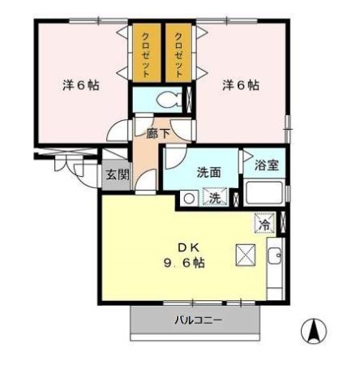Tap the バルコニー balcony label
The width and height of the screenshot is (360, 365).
[198, 320]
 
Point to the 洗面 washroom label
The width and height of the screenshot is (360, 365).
[209, 172]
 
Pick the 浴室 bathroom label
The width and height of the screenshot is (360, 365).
[266, 165]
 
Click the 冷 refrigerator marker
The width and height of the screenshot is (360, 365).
[265, 221]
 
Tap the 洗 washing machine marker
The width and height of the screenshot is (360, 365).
[215, 197]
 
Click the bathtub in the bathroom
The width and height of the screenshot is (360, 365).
[264, 195]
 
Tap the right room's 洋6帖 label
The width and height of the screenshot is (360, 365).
[241, 84]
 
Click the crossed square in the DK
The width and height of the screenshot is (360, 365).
[246, 254]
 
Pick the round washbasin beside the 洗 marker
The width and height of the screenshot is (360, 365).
[189, 198]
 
